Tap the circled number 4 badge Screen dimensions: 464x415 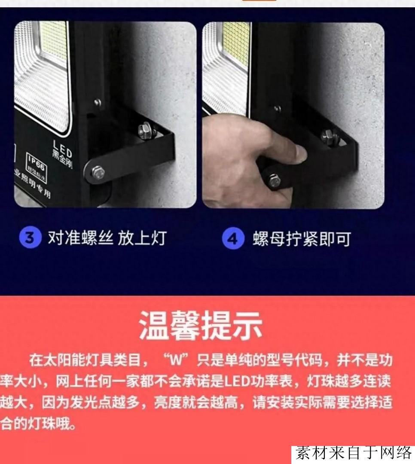(233, 239)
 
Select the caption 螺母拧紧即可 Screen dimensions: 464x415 (302, 239)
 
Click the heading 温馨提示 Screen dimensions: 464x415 (201, 325)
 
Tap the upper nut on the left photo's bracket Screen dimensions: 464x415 (146, 130)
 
